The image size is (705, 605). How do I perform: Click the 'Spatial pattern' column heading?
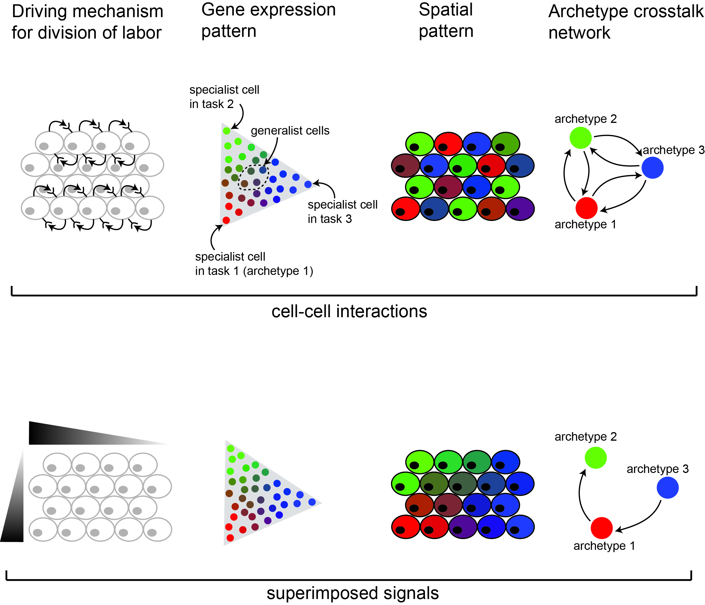pyautogui.click(x=446, y=20)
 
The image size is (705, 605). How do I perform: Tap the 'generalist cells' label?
pyautogui.click(x=290, y=131)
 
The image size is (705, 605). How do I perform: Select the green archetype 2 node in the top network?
pyautogui.click(x=580, y=138)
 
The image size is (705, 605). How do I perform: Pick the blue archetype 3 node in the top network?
pyautogui.click(x=652, y=168)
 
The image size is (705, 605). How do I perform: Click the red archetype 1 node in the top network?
pyautogui.click(x=586, y=208)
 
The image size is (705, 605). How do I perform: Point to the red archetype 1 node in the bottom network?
pyautogui.click(x=602, y=528)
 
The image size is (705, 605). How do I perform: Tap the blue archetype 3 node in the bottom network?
pyautogui.click(x=667, y=488)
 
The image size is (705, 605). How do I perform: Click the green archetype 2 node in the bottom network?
pyautogui.click(x=596, y=458)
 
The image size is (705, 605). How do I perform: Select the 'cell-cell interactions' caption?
pyautogui.click(x=349, y=311)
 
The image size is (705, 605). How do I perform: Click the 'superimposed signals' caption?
pyautogui.click(x=353, y=593)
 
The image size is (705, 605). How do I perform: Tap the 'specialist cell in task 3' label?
pyautogui.click(x=342, y=212)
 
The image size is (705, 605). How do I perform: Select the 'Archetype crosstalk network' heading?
pyautogui.click(x=625, y=22)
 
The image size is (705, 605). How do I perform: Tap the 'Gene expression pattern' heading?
pyautogui.click(x=268, y=20)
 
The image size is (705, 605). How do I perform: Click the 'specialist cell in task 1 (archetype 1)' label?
pyautogui.click(x=253, y=264)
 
